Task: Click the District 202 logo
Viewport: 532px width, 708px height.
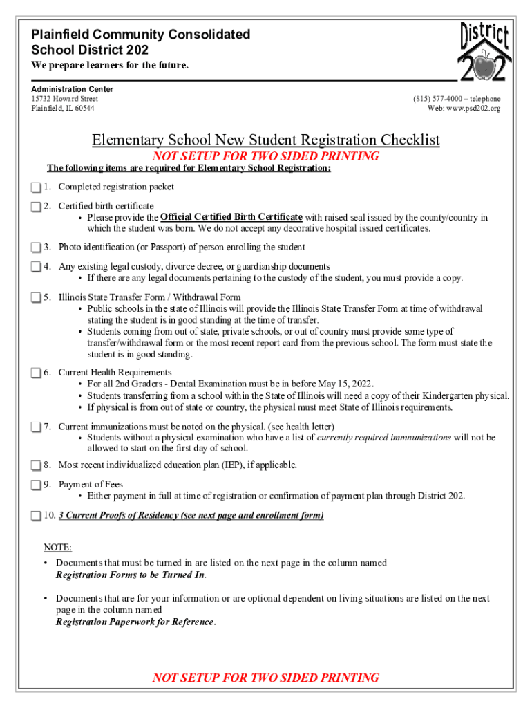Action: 485,51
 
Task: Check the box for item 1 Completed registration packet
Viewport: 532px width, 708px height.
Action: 36,187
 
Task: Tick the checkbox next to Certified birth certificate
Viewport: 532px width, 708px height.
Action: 36,207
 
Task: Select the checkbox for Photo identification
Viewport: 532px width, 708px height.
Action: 36,248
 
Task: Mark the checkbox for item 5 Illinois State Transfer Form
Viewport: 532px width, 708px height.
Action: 36,298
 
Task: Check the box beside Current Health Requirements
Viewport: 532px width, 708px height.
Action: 36,373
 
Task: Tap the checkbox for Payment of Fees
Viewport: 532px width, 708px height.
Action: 36,485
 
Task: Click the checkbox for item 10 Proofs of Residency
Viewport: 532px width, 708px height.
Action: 36,516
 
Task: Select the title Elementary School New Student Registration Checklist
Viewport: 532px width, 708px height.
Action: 266,140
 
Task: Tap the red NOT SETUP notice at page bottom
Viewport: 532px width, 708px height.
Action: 266,677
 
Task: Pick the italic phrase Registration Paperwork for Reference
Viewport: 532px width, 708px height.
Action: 135,622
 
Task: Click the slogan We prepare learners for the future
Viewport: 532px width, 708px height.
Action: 109,66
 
